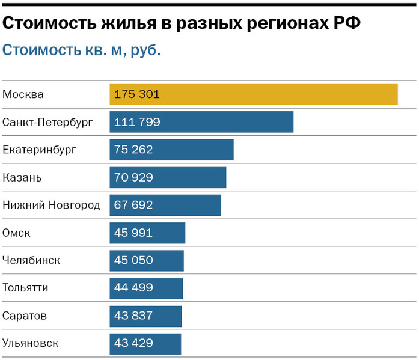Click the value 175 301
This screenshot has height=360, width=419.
pos(136,94)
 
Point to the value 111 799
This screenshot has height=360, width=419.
pos(136,122)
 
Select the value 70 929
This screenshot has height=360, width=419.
pos(133,177)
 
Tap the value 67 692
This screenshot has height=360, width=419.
pos(133,205)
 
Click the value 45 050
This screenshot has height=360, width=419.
pos(133,260)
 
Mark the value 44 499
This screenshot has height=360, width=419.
pos(133,288)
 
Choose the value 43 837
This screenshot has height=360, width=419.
pos(133,316)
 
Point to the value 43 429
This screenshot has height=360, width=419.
pos(133,343)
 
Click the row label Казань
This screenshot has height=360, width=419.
pos(22,177)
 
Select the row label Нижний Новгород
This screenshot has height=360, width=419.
pos(51,205)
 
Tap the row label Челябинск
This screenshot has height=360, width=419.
pos(31,260)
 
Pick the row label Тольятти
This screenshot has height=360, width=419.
pos(25,288)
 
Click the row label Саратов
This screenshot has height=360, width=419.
pos(25,316)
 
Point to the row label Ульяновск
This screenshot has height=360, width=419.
pos(31,343)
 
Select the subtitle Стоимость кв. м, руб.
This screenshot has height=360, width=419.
pos(82,50)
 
